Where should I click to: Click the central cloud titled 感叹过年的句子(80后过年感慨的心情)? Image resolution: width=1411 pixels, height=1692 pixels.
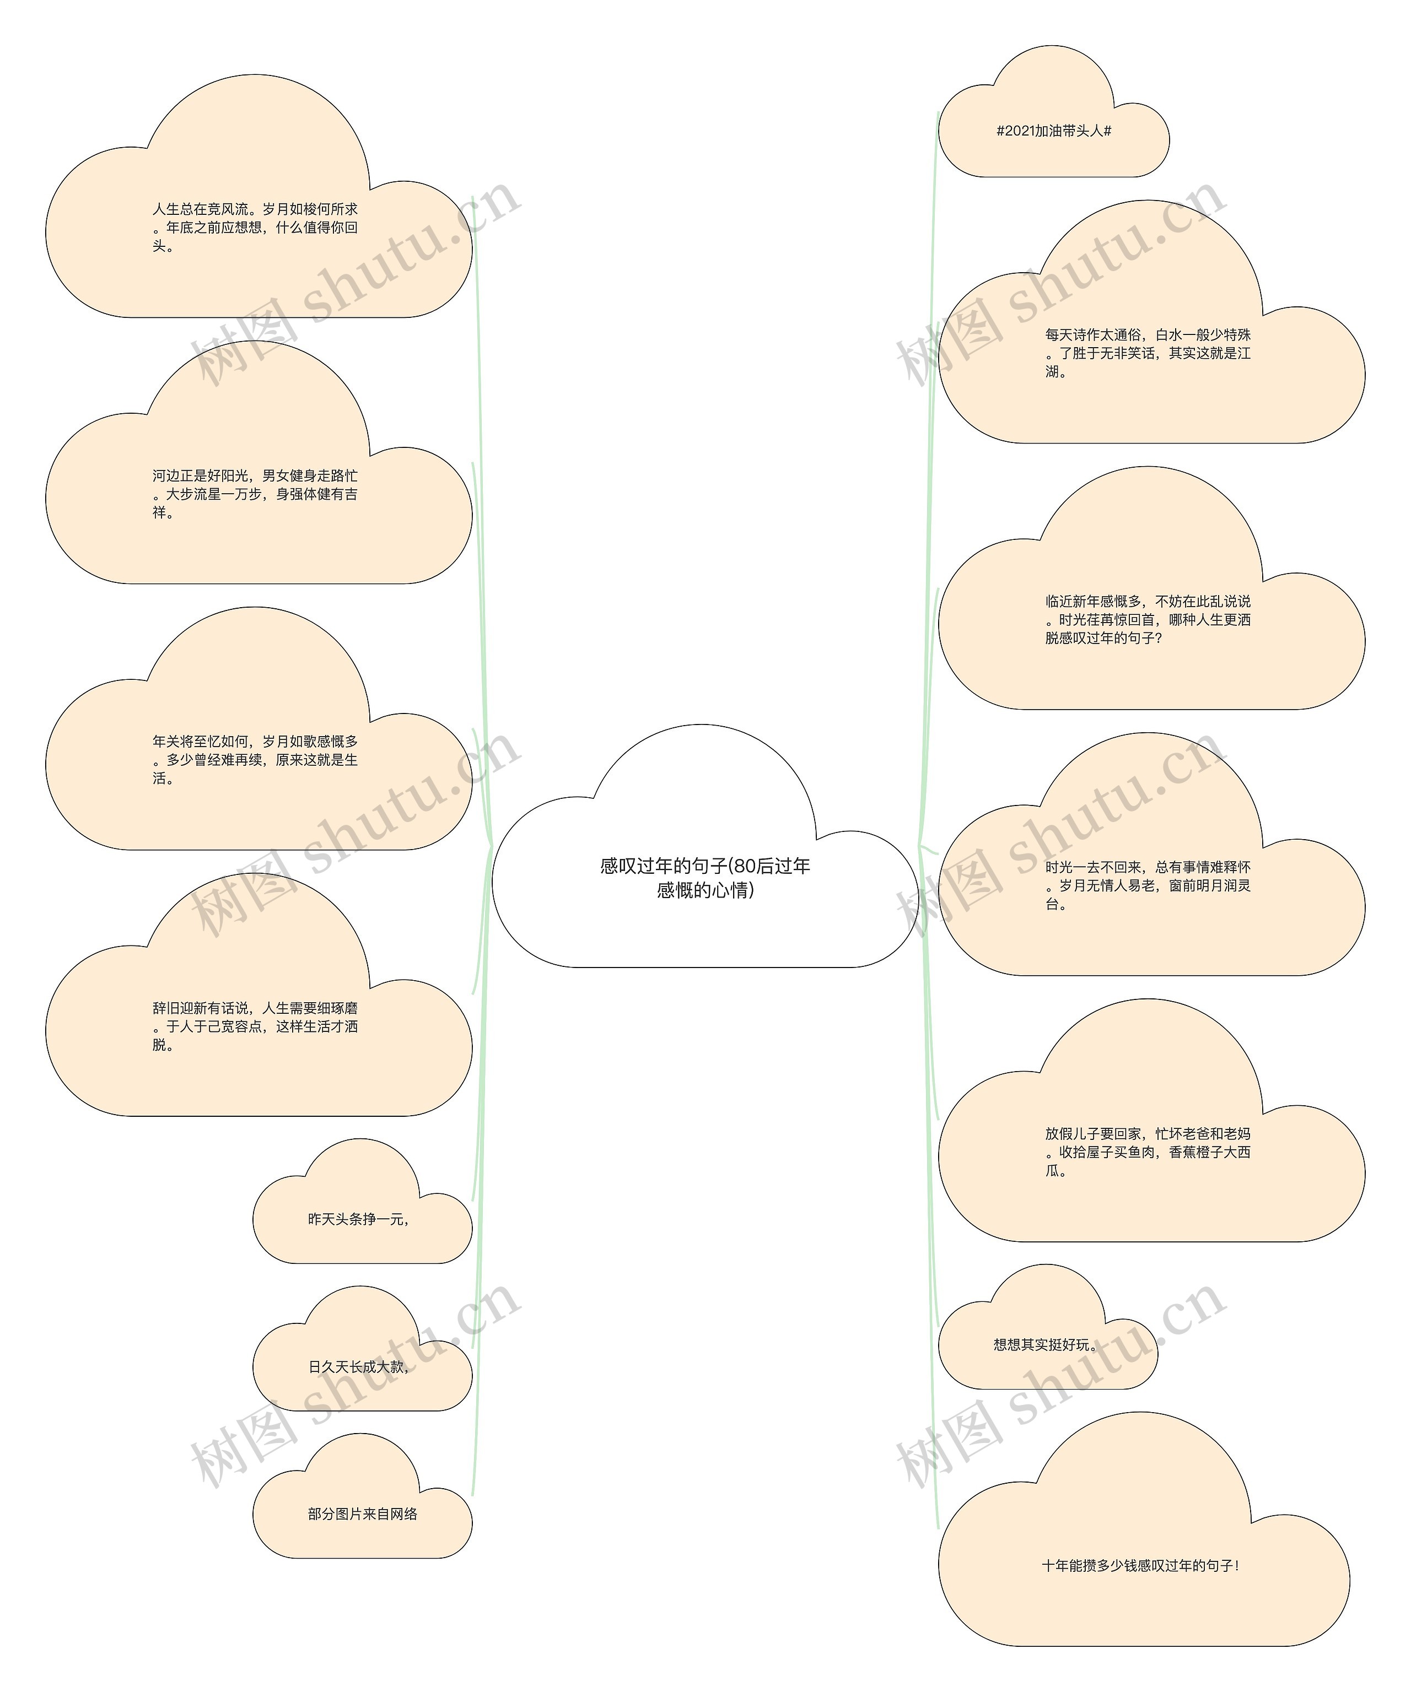click(x=705, y=878)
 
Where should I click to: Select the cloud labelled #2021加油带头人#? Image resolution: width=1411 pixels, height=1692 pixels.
click(x=1053, y=131)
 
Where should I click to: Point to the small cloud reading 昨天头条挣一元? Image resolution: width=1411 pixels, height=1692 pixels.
click(x=360, y=1219)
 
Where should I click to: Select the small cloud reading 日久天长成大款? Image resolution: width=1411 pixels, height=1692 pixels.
click(x=360, y=1366)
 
